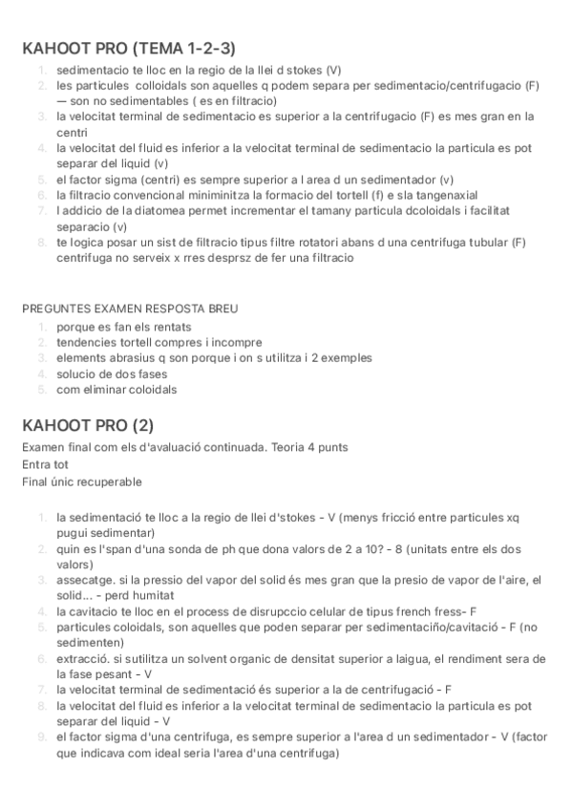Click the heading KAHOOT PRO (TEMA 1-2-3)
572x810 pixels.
(129, 49)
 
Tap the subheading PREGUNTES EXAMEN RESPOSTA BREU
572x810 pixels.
(130, 309)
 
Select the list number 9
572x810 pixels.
(42, 736)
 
